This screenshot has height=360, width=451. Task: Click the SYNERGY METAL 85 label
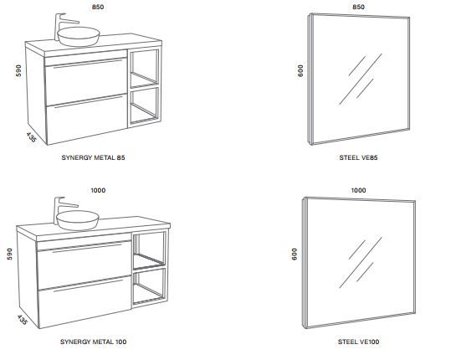tap(93, 157)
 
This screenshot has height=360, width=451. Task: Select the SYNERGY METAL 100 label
tap(93, 342)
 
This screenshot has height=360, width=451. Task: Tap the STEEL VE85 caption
tap(358, 157)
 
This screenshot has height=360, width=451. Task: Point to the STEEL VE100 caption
tap(358, 342)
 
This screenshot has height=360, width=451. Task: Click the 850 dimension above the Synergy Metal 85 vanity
tap(98, 7)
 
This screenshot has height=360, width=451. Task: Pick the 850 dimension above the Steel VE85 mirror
tap(358, 7)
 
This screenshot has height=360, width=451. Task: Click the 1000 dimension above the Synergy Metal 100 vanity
tap(98, 190)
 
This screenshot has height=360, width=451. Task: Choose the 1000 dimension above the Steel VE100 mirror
tap(358, 190)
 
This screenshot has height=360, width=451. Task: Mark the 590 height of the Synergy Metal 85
tap(18, 70)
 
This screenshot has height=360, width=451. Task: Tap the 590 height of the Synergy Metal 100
tap(9, 254)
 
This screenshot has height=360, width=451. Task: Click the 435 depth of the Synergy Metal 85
tap(31, 137)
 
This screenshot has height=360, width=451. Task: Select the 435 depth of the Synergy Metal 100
tap(22, 320)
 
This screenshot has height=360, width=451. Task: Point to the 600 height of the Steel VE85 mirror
tap(300, 70)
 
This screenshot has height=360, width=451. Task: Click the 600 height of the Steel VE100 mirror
tap(295, 254)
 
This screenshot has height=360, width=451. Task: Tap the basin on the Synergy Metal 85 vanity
tap(79, 36)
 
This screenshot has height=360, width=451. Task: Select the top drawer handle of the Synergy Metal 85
tap(88, 64)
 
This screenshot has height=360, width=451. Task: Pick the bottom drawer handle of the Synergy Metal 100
tap(88, 285)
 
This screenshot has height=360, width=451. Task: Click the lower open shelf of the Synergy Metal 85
tap(144, 105)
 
